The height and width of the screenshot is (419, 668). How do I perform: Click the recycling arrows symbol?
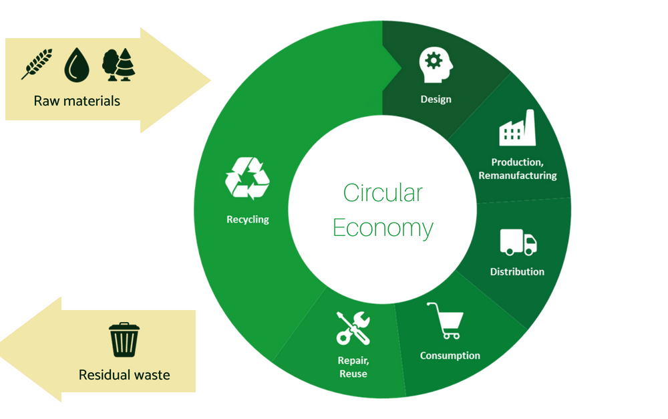coord(247,178)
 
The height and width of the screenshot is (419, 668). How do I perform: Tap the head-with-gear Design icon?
coord(436,65)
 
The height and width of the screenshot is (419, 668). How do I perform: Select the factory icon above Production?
coord(517,128)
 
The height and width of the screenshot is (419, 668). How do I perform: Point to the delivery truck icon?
coord(518,242)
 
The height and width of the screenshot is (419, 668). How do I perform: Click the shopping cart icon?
coord(445,321)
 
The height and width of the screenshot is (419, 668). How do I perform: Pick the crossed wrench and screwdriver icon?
coord(353,328)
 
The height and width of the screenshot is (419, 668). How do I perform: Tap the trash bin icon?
coord(124,339)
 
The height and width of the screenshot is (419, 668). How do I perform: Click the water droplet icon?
coord(77,65)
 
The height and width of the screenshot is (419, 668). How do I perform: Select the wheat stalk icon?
coord(37,64)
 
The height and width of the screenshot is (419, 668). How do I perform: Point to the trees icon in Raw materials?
coord(118,64)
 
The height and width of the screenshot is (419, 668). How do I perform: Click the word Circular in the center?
coord(383,192)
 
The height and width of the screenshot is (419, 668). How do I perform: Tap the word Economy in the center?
coord(383,228)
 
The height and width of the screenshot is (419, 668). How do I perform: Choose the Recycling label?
coord(248,219)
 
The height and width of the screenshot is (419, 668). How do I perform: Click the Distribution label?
coord(517,271)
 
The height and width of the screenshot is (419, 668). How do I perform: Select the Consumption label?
coord(450,356)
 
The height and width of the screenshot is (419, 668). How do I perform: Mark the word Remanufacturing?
coord(518,176)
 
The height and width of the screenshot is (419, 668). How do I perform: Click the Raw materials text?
coord(77,101)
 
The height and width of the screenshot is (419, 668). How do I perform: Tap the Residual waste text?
coord(124,375)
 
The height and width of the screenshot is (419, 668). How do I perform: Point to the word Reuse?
coord(353,374)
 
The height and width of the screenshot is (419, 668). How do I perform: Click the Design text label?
coord(436,100)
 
